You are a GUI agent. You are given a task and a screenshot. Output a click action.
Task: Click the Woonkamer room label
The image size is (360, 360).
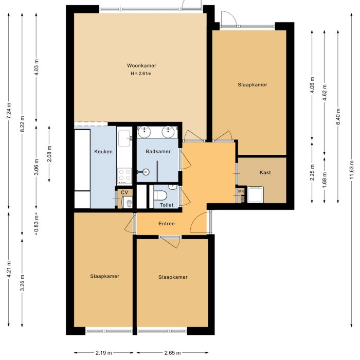coord(141,65)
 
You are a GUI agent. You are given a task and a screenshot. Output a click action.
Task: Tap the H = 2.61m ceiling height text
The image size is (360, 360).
coord(141,74)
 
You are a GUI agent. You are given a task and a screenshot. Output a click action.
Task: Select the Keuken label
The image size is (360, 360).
coord(103,152)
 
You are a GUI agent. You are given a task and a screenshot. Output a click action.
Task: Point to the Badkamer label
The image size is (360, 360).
coord(158,152)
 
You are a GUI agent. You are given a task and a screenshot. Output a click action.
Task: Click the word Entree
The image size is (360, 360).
coord(166,224)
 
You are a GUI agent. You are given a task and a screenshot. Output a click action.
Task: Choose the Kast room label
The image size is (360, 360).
coord(265,172)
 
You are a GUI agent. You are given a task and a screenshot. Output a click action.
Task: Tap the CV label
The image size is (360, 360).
coord(124,193)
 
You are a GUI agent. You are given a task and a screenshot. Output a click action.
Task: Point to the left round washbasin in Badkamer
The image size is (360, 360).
coord(146,132)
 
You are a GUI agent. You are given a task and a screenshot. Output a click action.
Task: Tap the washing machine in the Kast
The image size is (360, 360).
coord(255,194)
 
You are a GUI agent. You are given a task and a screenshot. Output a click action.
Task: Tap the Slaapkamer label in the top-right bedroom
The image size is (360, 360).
coord(252,84)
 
